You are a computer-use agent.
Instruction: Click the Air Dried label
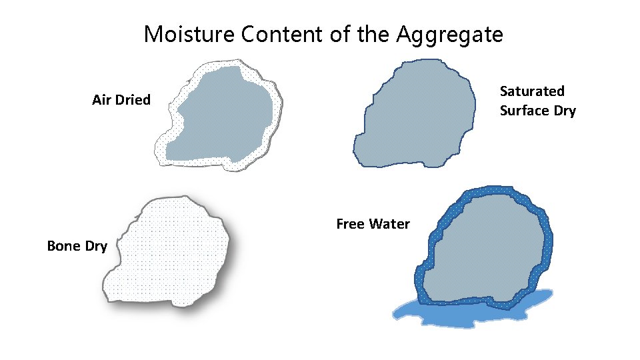coord(121,100)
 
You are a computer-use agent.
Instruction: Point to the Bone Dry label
coord(77,246)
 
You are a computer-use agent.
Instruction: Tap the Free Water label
coord(373,224)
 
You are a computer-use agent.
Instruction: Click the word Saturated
coord(532,91)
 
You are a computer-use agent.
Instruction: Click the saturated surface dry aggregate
coord(417,113)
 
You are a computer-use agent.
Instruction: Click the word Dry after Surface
coord(564,111)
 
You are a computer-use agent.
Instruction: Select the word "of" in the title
coord(340,34)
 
